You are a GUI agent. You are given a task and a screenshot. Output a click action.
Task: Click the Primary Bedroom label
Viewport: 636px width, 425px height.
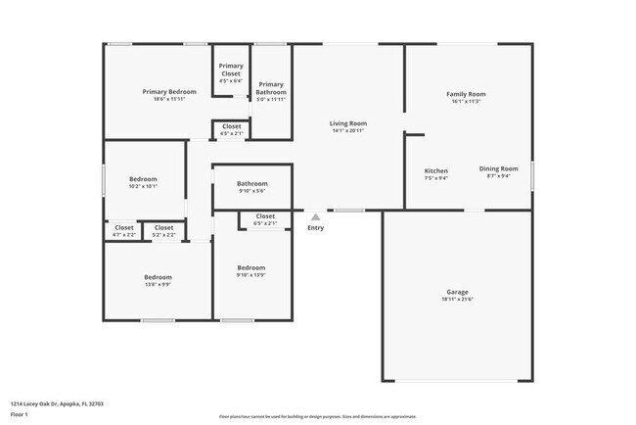tap(168, 92)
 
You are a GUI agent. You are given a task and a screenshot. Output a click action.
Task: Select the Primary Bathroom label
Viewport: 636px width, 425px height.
tap(271, 88)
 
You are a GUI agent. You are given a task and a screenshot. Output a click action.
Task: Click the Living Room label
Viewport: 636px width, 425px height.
tap(347, 123)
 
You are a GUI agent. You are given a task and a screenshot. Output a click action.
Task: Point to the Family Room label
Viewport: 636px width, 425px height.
tap(468, 94)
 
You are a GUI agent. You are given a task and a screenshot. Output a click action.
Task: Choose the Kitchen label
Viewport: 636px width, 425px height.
tap(435, 170)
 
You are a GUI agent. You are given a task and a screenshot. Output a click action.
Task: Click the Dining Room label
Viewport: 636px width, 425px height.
tap(498, 170)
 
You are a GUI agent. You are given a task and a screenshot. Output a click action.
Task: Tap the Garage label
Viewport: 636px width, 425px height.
tap(457, 292)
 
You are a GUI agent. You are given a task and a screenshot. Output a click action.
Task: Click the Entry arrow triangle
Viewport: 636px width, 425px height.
tap(315, 217)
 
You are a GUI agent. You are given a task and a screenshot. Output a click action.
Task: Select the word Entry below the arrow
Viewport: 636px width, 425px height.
tap(315, 228)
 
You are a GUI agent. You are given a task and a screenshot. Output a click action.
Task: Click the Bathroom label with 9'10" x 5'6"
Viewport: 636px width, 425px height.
tap(251, 183)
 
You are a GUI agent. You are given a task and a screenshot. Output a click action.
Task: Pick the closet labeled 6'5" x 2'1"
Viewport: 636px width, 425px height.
tap(265, 223)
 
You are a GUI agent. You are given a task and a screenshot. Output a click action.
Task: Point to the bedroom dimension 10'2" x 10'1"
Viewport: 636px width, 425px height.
tap(143, 187)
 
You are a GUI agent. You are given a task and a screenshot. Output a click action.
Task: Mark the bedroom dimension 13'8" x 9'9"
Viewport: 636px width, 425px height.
tap(158, 285)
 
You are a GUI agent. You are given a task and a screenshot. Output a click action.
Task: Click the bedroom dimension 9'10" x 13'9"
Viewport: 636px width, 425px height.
tap(250, 275)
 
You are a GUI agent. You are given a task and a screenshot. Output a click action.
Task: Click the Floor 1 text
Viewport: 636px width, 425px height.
tap(20, 415)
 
